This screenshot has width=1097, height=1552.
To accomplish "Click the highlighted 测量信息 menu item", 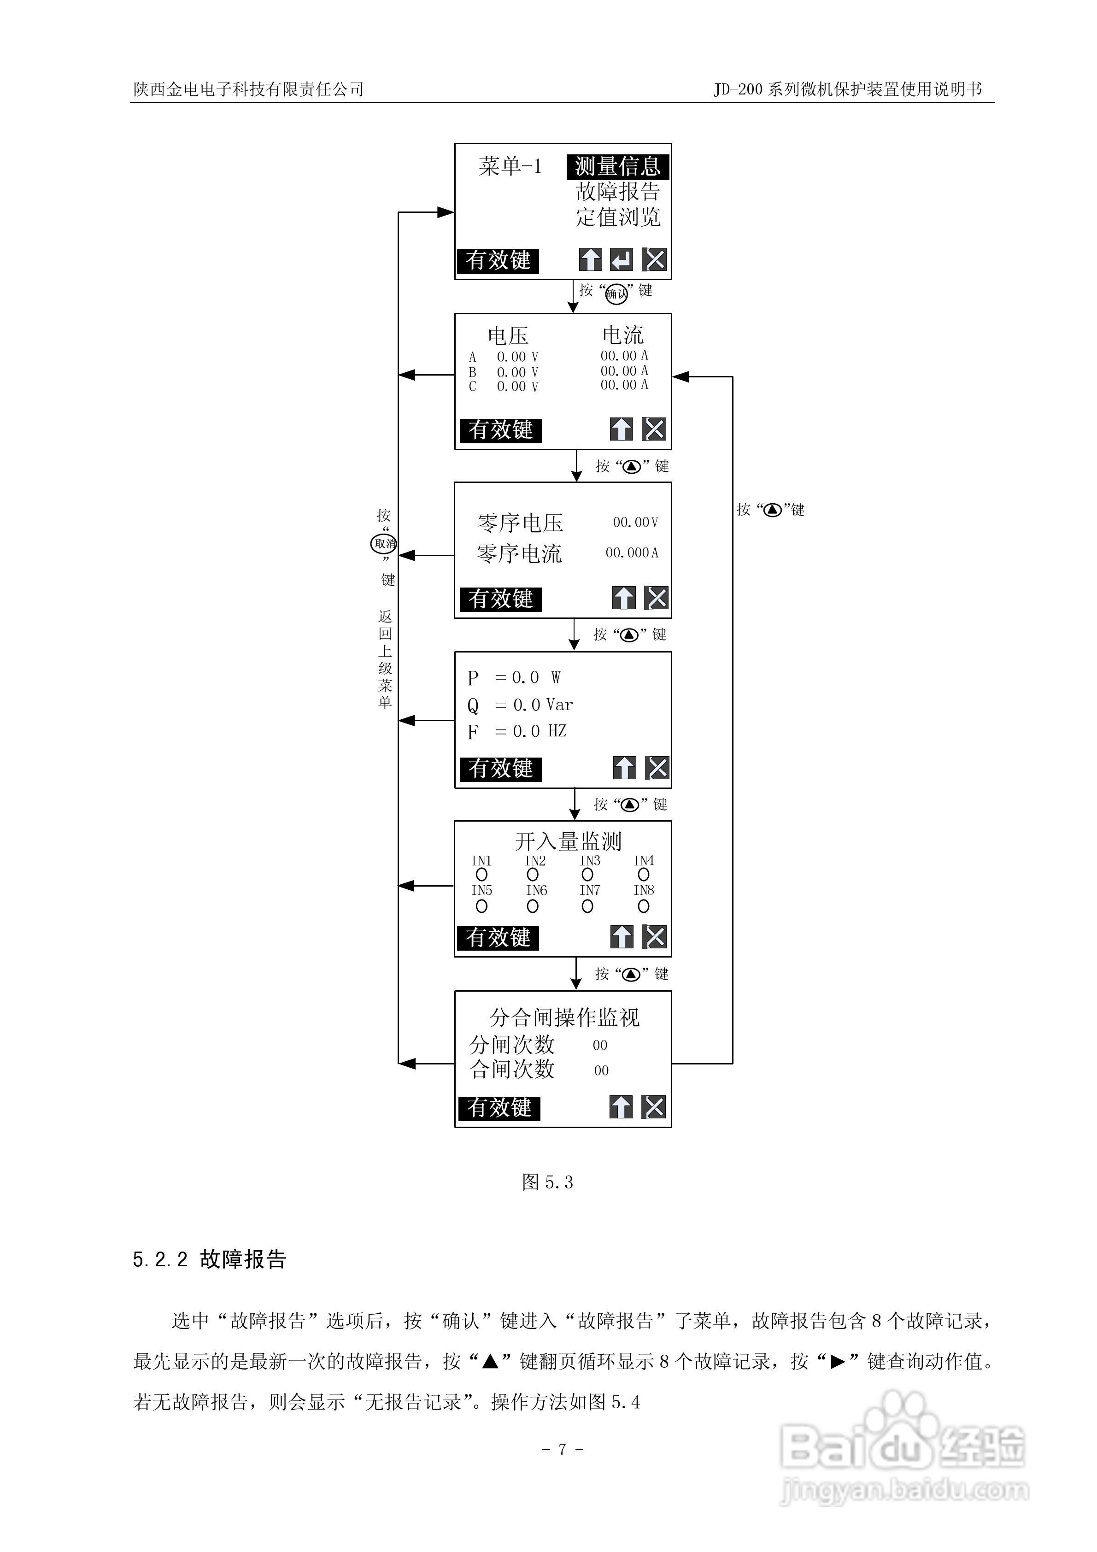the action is [x=617, y=166].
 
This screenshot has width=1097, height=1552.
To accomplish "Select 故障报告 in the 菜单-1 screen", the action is [x=617, y=192].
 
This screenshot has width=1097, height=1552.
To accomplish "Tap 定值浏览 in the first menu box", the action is [x=617, y=217].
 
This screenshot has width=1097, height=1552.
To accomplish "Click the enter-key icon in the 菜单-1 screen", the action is [x=621, y=259].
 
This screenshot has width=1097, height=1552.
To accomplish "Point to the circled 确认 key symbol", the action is [x=616, y=294].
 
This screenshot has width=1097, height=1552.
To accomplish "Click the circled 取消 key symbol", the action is [x=384, y=543].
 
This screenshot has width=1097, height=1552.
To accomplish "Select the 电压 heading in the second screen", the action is [x=508, y=335].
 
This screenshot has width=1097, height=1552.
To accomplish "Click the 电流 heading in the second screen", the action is [x=622, y=335].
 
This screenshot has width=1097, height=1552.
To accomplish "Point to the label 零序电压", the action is [x=520, y=523].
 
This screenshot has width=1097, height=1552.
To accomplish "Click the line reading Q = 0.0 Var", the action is [x=520, y=705].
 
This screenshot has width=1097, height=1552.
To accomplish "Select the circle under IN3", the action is [x=587, y=875].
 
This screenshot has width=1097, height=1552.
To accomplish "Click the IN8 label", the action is [x=644, y=890].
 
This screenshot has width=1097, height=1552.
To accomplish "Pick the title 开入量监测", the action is [x=568, y=841].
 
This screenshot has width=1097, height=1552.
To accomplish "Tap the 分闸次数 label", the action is [x=512, y=1045].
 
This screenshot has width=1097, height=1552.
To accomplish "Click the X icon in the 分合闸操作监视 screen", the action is [x=654, y=1106].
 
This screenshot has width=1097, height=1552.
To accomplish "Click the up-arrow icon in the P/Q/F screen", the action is [x=624, y=767].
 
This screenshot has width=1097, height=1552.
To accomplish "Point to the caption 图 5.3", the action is [x=547, y=1182].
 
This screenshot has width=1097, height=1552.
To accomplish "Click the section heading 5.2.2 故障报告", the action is [x=210, y=1259].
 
